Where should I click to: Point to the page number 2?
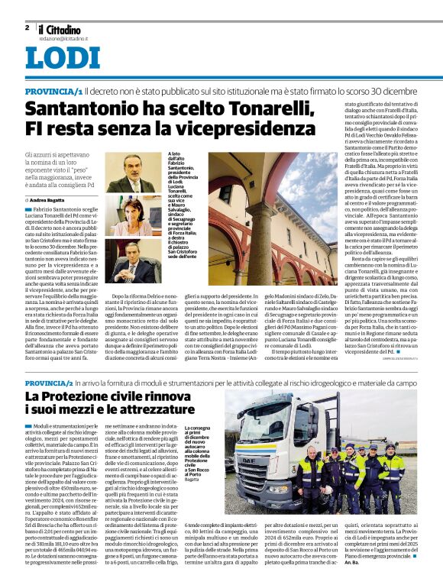pyautogui.click(x=27, y=27)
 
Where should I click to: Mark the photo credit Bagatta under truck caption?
pyautogui.click(x=194, y=479)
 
